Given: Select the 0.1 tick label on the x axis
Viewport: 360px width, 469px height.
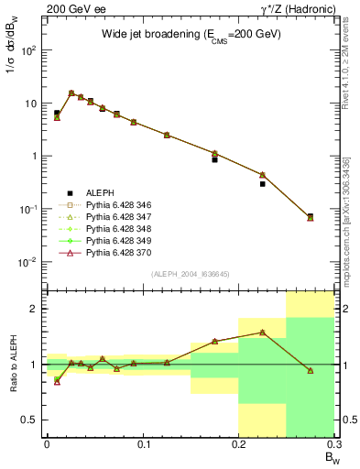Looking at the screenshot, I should point(143,444).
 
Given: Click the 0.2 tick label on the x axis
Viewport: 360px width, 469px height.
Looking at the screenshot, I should point(238,444).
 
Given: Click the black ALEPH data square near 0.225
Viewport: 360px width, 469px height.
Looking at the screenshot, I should point(263,183).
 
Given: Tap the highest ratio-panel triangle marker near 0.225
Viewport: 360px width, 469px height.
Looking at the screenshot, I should point(263,332).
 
